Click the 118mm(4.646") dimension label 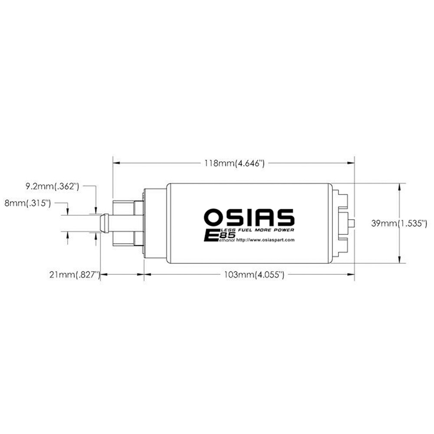[x=234, y=164]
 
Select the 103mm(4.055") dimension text [x=254, y=274]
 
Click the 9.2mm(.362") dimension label [x=52, y=187]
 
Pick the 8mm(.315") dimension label [x=27, y=203]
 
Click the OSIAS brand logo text [x=249, y=217]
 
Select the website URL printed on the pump [x=266, y=240]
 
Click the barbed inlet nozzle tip [x=104, y=223]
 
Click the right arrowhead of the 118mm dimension [x=352, y=163]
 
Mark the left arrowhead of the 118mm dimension [x=116, y=163]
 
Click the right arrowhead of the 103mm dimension [x=352, y=274]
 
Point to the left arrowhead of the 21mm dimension [x=104, y=274]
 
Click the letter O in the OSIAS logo [x=214, y=217]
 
